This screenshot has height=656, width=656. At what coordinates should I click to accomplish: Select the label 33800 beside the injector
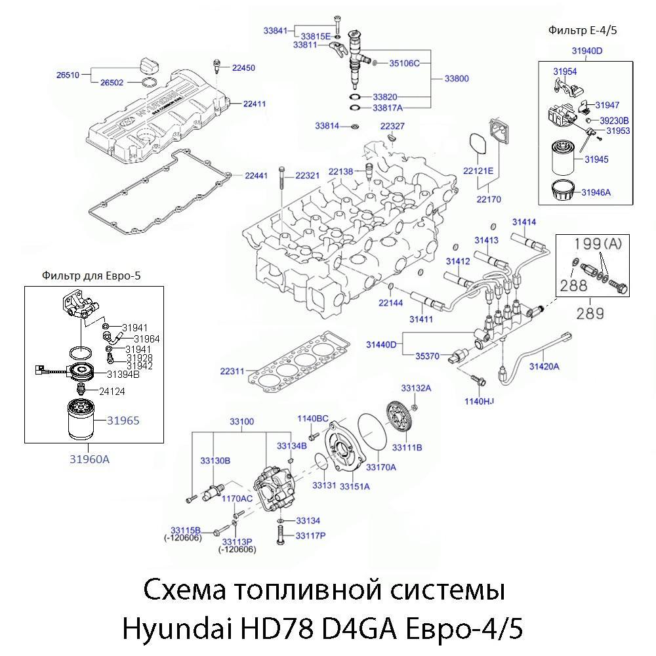pyautogui.click(x=457, y=79)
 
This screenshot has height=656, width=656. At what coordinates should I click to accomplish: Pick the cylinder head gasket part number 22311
pyautogui.click(x=232, y=371)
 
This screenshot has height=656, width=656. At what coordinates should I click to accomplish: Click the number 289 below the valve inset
pyautogui.click(x=590, y=314)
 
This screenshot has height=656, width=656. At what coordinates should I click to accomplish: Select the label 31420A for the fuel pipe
pyautogui.click(x=544, y=367)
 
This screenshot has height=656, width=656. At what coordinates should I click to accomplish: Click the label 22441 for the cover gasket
pyautogui.click(x=256, y=176)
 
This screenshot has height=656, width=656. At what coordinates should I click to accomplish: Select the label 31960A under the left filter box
pyautogui.click(x=89, y=459)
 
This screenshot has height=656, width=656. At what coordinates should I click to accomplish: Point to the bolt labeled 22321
pyautogui.click(x=281, y=197)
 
